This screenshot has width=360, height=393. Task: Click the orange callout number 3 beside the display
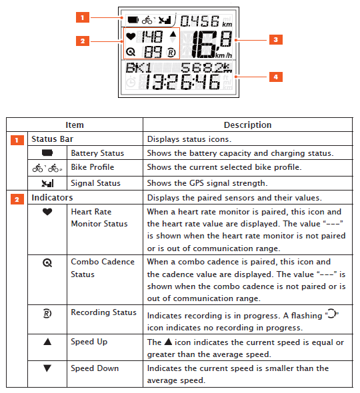pos(276,39)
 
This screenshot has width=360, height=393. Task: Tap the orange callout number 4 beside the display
pos(276,77)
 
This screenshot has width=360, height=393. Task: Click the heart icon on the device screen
pos(131,37)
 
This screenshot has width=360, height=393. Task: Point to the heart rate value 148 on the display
pos(152,37)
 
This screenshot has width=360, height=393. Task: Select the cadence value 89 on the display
pos(153,52)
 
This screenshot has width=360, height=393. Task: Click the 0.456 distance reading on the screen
pos(200,21)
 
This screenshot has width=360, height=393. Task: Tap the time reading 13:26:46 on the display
pos(183,82)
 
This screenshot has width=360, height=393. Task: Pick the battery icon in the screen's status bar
pos(133,20)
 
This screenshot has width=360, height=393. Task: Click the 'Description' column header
pos(247,125)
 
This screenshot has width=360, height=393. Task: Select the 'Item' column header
pos(75,125)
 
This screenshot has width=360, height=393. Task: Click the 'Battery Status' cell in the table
pos(97,153)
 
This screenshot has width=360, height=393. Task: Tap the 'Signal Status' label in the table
pos(95,183)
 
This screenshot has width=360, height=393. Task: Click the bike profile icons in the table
pos(47,168)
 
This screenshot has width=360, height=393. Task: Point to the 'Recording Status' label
pos(103,312)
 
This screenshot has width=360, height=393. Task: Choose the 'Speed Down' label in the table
pos(95,368)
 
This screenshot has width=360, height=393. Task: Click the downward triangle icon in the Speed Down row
pos(47,368)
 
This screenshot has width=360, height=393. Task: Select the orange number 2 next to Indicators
pos(17,200)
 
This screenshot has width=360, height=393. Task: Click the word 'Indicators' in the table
pos(52,198)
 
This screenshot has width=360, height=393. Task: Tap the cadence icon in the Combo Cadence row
pos(47,262)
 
